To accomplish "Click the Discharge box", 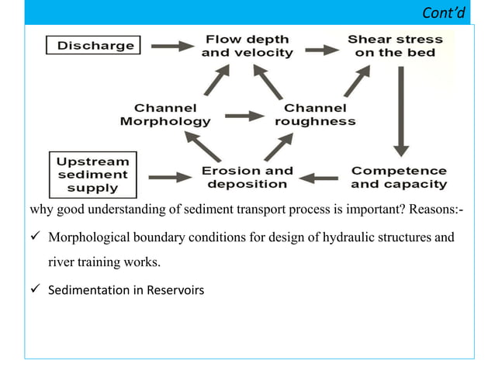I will point(91,46).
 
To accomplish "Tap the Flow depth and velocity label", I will point(247,46).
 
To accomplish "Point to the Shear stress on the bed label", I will point(394,46).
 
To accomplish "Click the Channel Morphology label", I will point(164,114).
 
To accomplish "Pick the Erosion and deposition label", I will point(247,177).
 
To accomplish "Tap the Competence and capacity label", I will point(398,177).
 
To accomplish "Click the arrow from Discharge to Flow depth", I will point(171,47).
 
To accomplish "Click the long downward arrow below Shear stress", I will point(401,109).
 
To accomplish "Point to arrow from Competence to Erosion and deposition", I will point(320,178).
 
